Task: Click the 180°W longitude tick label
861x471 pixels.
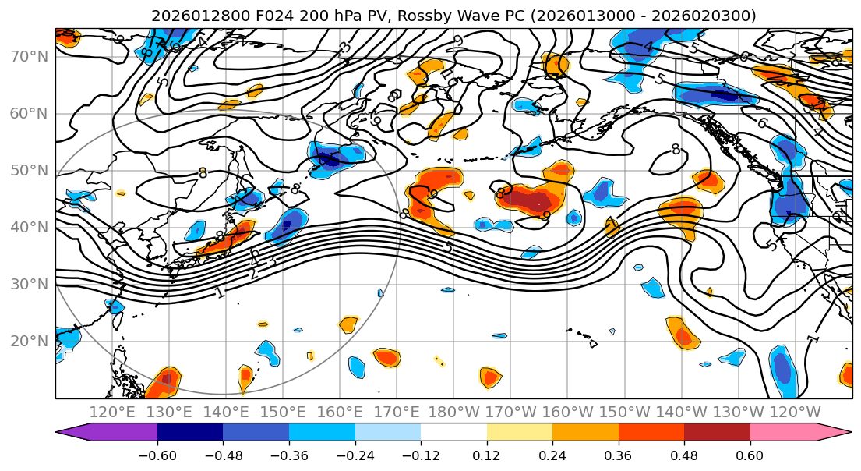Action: pyautogui.click(x=453, y=412)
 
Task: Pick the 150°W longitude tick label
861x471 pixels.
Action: pyautogui.click(x=624, y=412)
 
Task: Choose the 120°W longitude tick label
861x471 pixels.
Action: pyautogui.click(x=795, y=412)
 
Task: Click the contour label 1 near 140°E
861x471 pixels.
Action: pyautogui.click(x=220, y=293)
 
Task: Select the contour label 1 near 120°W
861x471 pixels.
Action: pyautogui.click(x=813, y=339)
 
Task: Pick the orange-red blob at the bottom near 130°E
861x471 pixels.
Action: pyautogui.click(x=164, y=382)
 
